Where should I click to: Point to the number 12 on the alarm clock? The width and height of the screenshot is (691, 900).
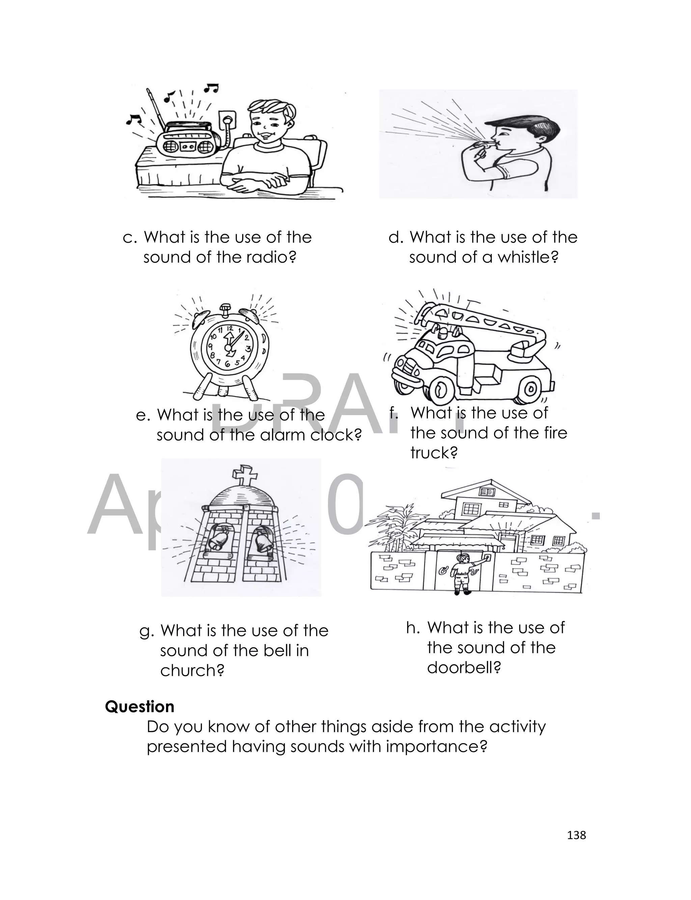229,328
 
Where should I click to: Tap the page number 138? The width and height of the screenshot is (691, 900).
576,835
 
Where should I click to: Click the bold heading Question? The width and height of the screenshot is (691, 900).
139,706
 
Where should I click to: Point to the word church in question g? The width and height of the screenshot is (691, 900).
192,670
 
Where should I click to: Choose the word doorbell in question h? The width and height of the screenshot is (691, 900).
464,667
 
